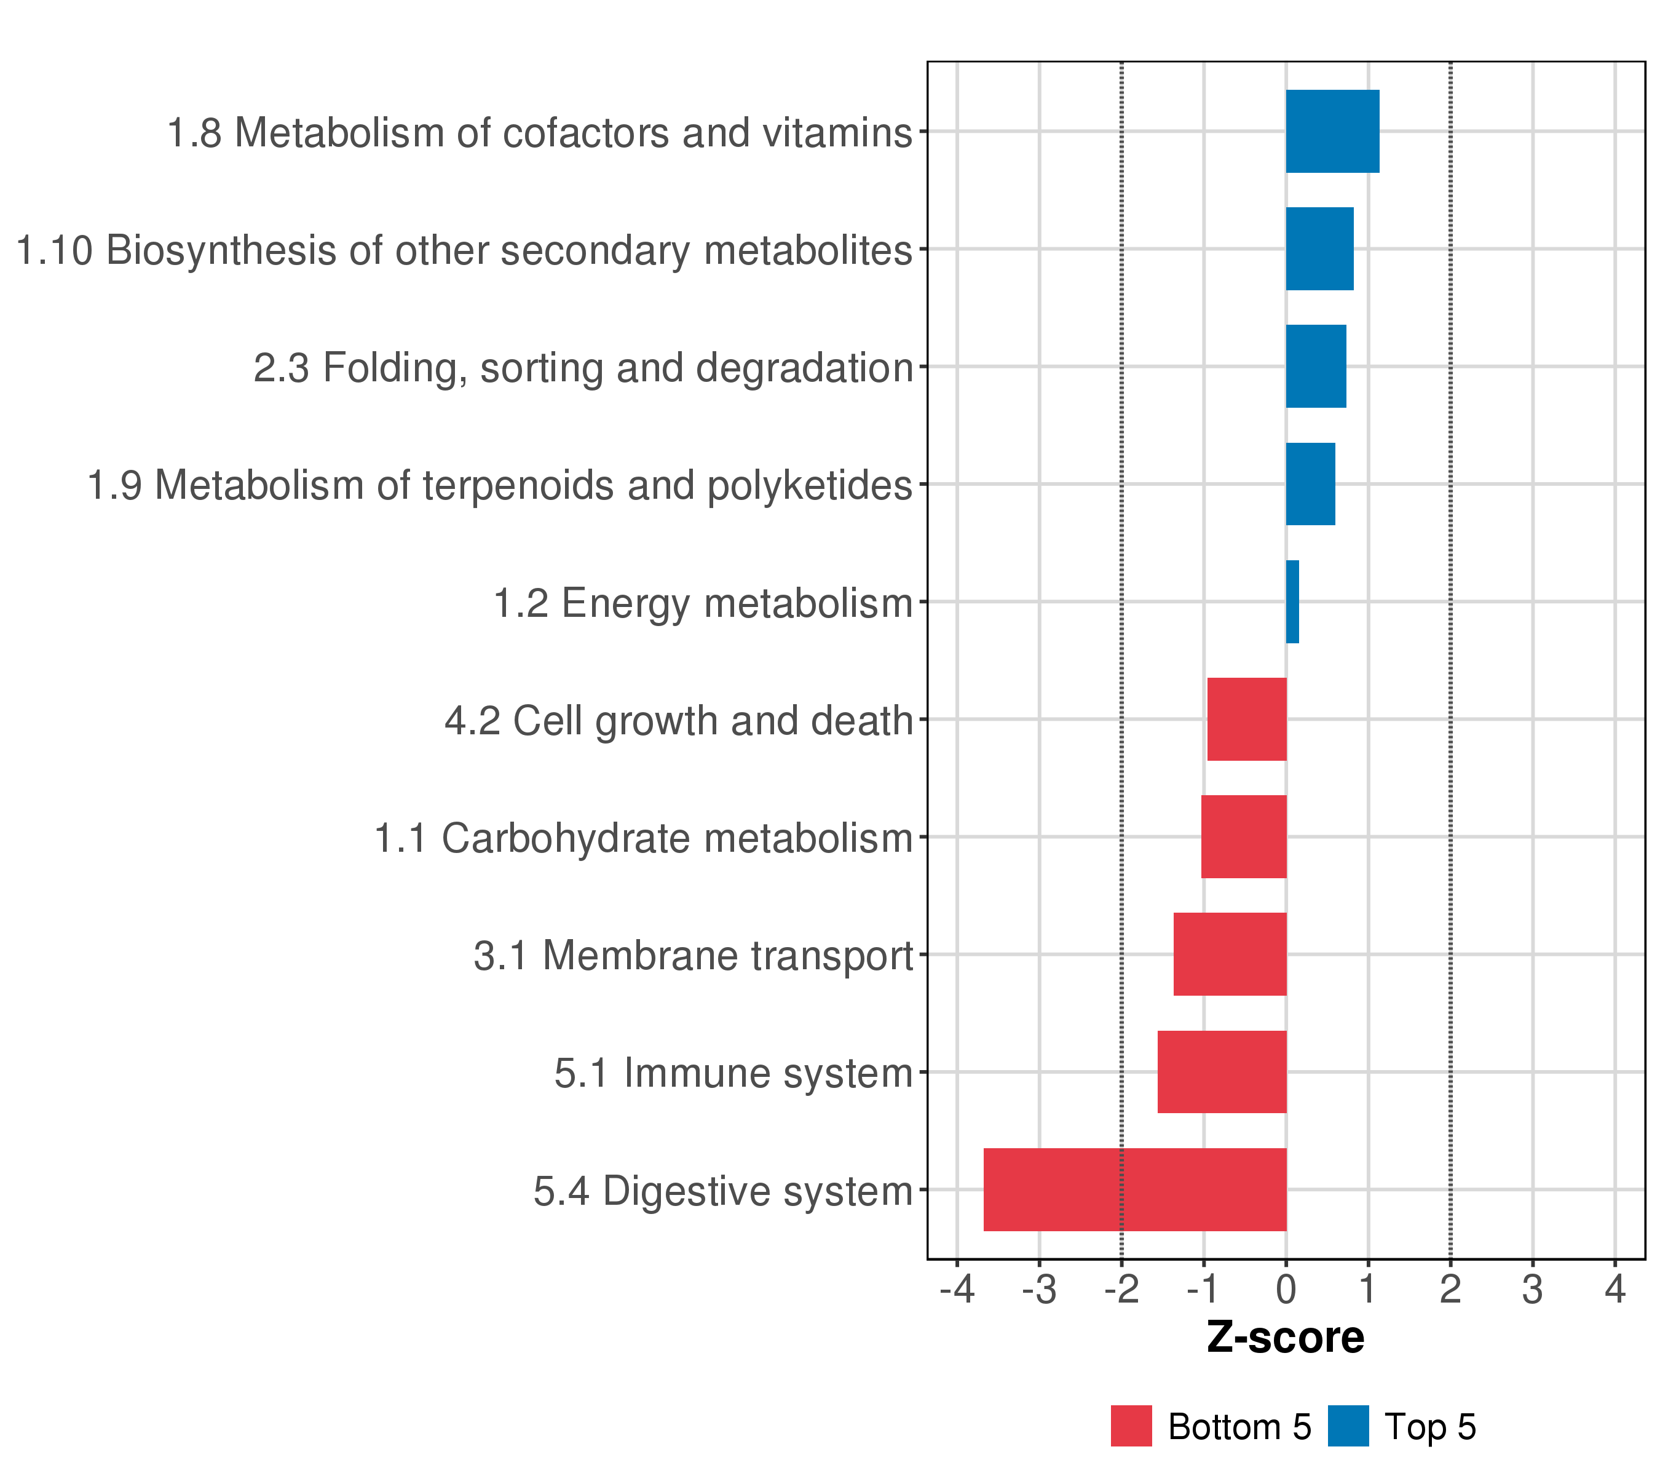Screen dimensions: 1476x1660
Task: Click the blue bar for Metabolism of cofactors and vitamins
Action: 1332,132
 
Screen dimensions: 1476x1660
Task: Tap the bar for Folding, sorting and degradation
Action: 1316,367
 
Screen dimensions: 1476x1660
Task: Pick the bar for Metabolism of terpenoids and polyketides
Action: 1310,484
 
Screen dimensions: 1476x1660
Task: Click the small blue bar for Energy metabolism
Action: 1292,602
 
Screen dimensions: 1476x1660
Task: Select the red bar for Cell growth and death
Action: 1247,719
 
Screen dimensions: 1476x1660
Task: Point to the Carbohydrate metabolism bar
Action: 1243,836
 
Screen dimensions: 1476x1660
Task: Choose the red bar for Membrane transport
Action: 1230,954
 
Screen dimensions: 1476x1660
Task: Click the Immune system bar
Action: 1222,1071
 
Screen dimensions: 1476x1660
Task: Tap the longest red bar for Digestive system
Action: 1134,1189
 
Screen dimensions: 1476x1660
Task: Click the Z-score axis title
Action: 1286,1338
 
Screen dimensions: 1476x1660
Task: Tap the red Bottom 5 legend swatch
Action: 1131,1426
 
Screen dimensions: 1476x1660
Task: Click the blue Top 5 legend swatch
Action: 1348,1426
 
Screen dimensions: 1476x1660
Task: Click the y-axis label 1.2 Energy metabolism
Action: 703,603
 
